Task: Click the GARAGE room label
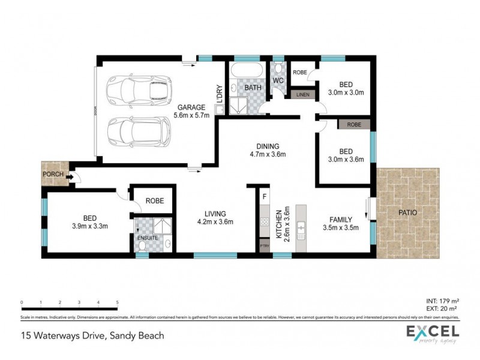(x=191, y=107)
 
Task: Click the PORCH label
(x=52, y=175)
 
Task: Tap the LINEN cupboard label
(x=303, y=95)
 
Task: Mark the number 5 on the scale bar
(x=117, y=302)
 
